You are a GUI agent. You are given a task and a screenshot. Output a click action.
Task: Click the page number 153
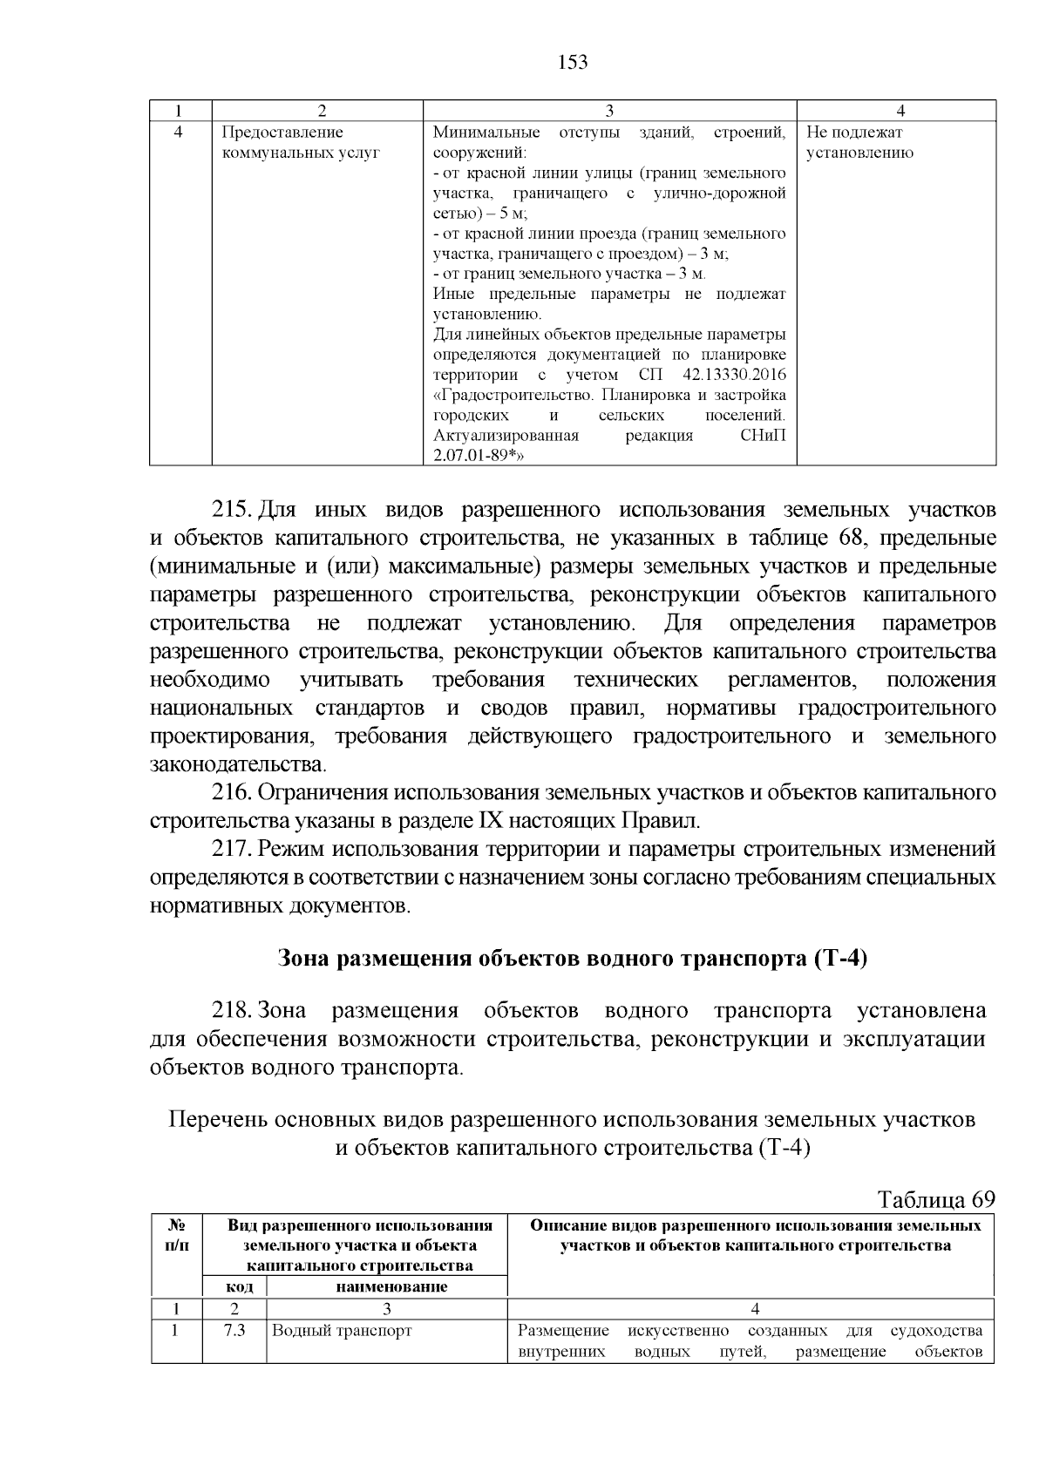click(572, 63)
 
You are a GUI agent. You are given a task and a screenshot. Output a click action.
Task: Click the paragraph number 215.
click(232, 510)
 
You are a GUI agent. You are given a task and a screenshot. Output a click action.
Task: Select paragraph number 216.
click(232, 793)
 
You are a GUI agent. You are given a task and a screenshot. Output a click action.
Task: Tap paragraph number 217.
click(232, 850)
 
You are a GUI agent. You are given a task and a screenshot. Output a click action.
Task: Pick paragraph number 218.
click(232, 1011)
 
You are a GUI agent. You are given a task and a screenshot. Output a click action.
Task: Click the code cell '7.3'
click(234, 1332)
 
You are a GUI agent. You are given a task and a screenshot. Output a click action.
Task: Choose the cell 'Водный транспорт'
click(342, 1332)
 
